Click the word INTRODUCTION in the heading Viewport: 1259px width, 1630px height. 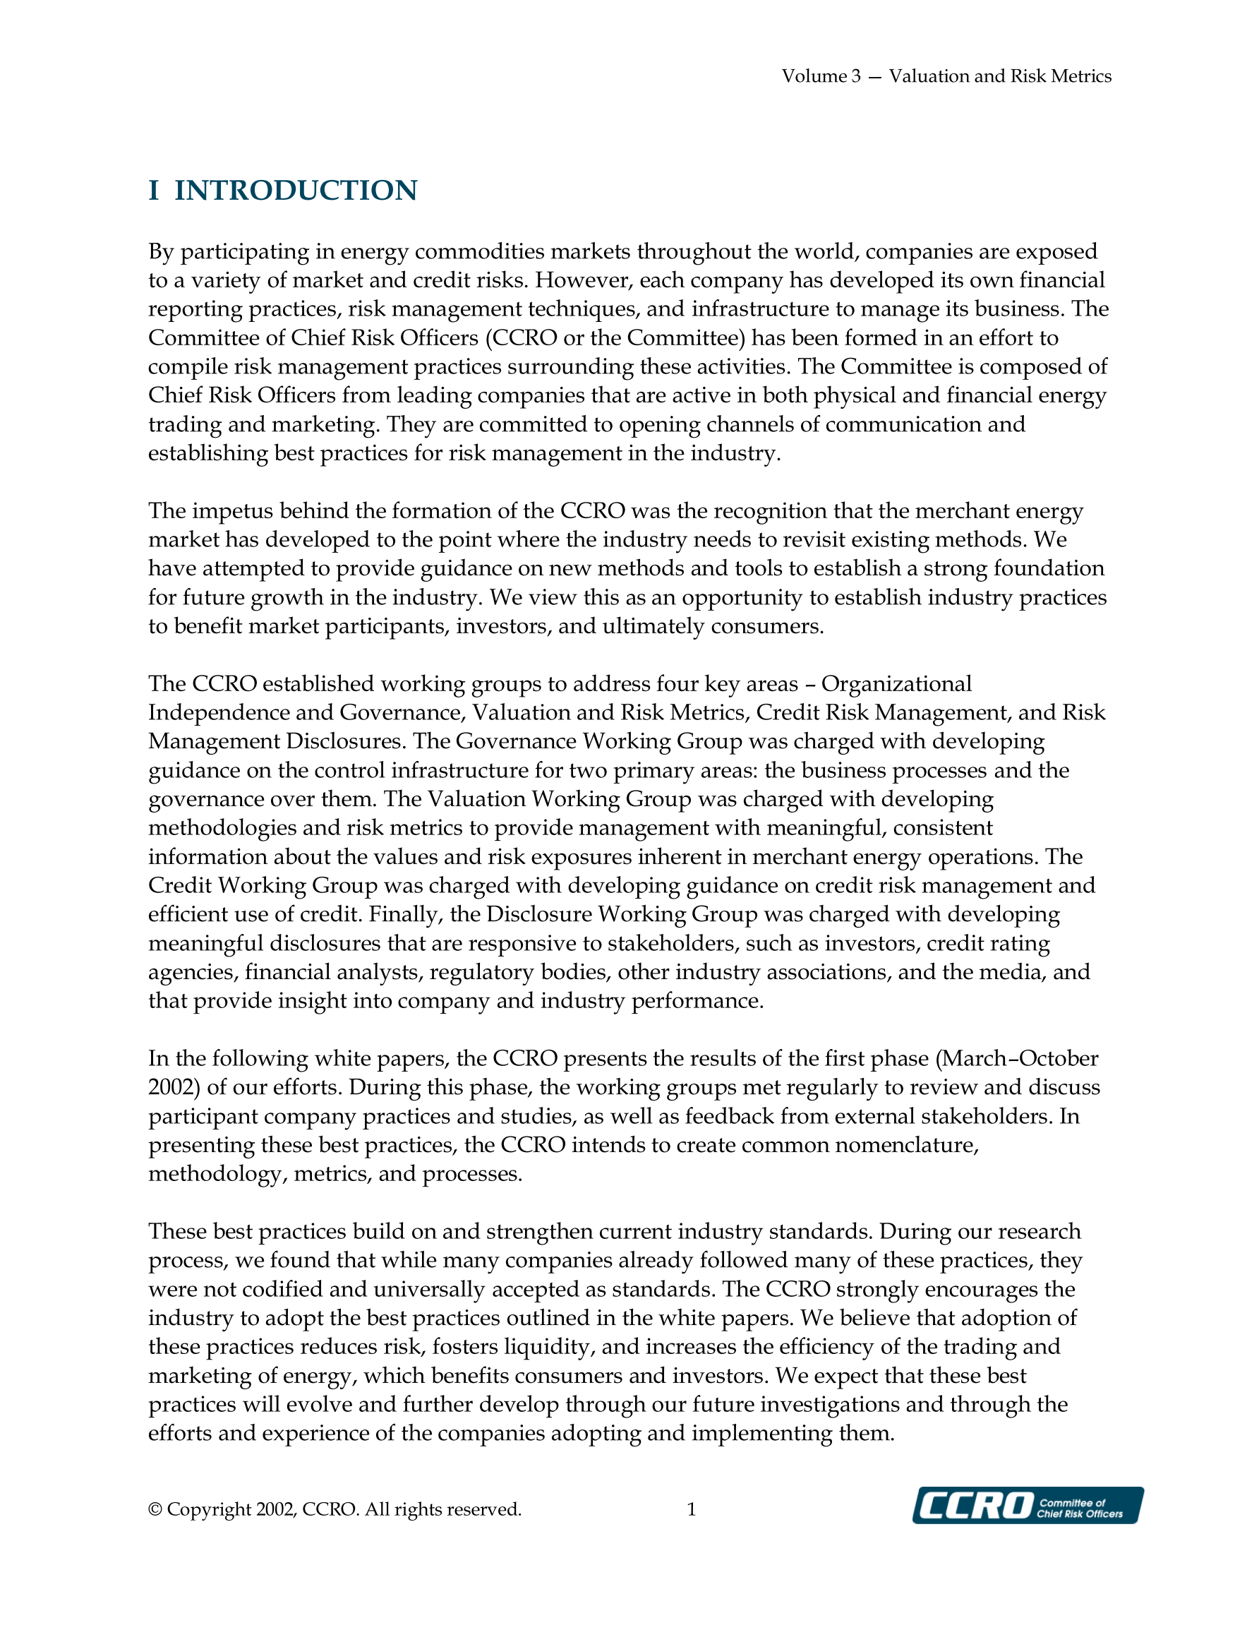[x=296, y=191]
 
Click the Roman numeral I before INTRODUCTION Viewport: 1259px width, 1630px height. [x=154, y=191]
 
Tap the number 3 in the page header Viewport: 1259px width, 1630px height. [x=856, y=76]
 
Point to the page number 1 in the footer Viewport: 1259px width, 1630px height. [x=691, y=1509]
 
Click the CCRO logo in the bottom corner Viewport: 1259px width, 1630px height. [x=1027, y=1505]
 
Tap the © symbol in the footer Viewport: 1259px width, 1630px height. [x=155, y=1509]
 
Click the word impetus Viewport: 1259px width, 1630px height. [x=233, y=511]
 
